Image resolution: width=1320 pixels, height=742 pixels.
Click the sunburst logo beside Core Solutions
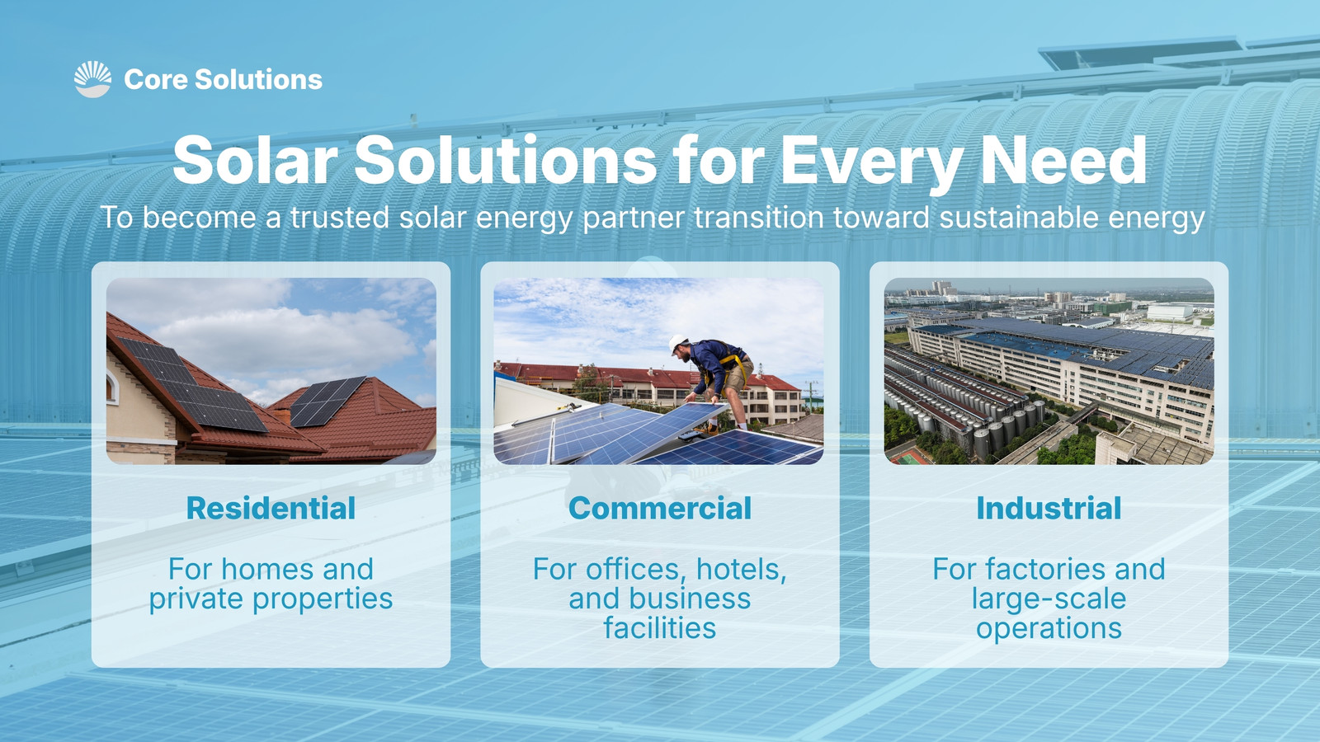pos(92,79)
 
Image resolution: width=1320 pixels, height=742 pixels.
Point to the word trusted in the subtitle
pos(339,218)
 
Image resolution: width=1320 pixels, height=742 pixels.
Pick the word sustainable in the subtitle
pos(1019,218)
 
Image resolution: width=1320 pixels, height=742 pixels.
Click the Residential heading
pos(271,508)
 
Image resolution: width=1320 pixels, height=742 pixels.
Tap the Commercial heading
pos(660,508)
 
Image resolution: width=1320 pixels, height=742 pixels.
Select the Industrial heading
pos(1049,508)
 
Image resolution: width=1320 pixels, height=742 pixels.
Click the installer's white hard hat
pos(677,343)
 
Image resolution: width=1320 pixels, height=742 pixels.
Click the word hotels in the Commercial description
pos(742,570)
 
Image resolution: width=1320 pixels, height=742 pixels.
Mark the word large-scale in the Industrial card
pos(1049,599)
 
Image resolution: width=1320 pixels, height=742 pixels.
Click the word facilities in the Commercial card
pos(660,628)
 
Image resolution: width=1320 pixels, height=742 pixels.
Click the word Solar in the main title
pos(255,160)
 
